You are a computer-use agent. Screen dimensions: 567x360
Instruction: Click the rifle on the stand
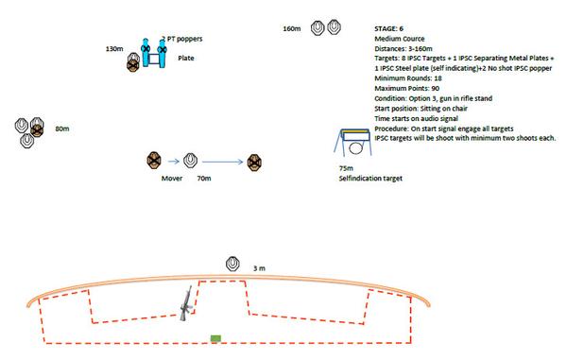tap(187, 304)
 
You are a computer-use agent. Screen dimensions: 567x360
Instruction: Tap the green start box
tap(215, 338)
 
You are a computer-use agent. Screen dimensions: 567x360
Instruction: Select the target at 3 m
tap(232, 264)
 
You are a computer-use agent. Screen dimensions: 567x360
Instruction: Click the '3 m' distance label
tap(259, 268)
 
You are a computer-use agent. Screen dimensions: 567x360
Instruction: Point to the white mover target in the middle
tap(190, 161)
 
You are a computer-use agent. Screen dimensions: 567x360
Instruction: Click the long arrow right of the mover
tap(222, 162)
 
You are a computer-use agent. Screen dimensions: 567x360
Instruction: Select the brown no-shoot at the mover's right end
tap(254, 163)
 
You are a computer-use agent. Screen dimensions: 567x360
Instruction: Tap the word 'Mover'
tap(172, 179)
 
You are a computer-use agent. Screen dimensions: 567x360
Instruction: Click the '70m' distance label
tap(204, 179)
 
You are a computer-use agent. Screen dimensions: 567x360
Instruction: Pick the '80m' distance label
tap(62, 129)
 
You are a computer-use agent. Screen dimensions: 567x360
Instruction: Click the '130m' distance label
tap(114, 49)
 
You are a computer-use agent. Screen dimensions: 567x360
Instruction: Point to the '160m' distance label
tap(292, 29)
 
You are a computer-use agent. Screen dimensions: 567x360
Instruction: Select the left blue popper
tap(146, 52)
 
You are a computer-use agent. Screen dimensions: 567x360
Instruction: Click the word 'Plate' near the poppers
tap(186, 59)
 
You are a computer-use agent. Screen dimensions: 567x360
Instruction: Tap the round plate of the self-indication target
tap(355, 148)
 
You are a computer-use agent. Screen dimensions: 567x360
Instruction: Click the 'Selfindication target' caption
tap(370, 179)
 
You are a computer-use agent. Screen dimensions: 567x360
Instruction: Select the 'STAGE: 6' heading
tap(388, 29)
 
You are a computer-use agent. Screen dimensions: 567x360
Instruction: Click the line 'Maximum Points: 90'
tap(406, 89)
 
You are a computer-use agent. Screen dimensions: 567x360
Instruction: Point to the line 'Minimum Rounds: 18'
tap(408, 78)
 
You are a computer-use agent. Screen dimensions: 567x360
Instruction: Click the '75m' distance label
tap(346, 168)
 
